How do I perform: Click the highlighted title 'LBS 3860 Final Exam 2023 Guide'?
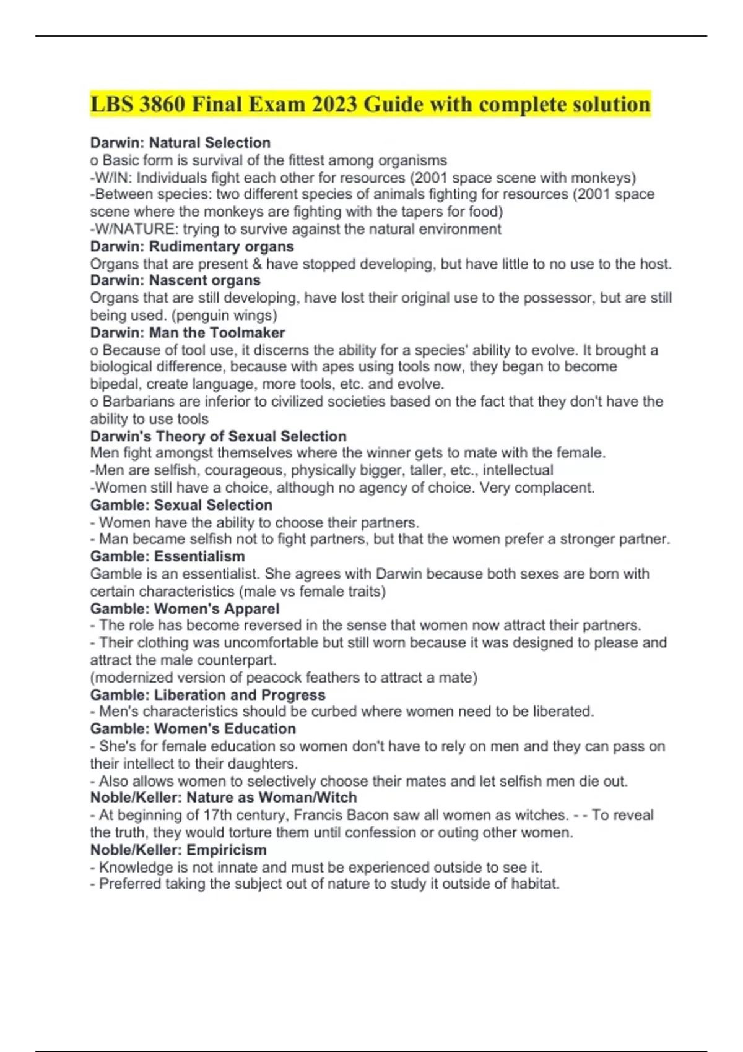click(x=370, y=104)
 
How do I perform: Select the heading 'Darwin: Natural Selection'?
click(x=180, y=143)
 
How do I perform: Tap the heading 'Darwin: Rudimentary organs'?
click(x=192, y=246)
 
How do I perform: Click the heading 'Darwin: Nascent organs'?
click(x=175, y=280)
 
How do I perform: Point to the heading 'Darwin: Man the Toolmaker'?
click(x=188, y=332)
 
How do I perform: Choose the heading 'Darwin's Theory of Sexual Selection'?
click(x=218, y=436)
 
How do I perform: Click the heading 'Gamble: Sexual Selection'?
click(x=181, y=505)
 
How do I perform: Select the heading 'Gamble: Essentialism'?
click(x=167, y=556)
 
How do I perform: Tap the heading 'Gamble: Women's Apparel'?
click(x=185, y=609)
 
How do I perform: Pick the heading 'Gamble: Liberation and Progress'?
click(x=207, y=695)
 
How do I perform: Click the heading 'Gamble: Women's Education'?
click(x=193, y=729)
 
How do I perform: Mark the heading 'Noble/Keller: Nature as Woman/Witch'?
click(x=224, y=798)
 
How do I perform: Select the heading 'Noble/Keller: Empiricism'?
click(x=178, y=850)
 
